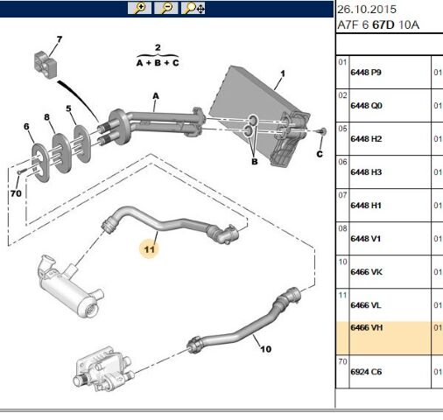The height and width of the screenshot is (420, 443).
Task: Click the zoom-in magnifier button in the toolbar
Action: point(139,8)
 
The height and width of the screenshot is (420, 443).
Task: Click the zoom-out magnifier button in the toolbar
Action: point(166,8)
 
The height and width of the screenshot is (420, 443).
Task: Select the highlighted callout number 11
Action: point(149,249)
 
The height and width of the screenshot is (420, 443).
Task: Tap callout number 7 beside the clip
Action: point(60,39)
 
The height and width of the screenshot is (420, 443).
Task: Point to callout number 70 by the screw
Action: point(16,193)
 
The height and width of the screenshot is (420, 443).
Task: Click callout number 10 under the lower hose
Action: point(265,349)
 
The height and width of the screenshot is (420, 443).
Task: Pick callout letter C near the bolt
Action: point(320,154)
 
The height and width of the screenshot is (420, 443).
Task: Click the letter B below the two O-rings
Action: point(255,162)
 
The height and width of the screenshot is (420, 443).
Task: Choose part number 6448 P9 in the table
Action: point(366,73)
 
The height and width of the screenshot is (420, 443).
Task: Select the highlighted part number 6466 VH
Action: point(367,327)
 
